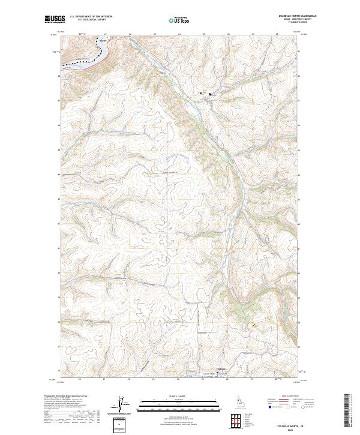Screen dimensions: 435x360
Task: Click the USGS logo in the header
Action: point(54,19)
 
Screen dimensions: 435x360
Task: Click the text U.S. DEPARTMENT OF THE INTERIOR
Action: point(91,17)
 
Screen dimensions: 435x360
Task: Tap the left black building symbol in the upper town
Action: point(201,94)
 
